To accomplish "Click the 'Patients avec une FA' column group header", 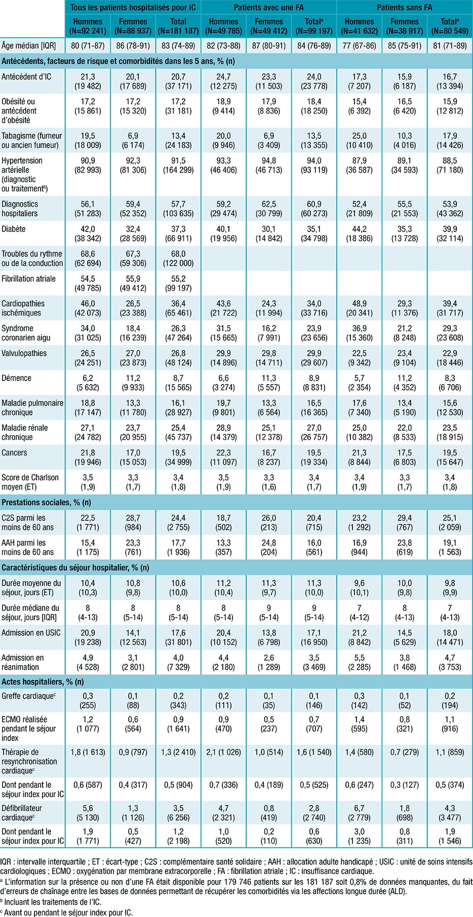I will coord(269,8).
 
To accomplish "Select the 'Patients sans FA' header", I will coord(404,8).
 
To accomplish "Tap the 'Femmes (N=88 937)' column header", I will coord(133,26).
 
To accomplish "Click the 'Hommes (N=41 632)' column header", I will coord(359,26).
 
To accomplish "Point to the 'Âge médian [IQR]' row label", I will coord(28,46).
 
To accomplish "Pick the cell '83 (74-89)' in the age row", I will coord(178,46).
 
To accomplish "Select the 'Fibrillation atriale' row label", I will coord(29,279).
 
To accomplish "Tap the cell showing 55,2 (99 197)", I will coord(178,283).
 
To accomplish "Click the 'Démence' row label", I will coord(17,378).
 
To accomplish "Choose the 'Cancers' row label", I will coord(15,452).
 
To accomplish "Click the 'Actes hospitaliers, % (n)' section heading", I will coord(43,681).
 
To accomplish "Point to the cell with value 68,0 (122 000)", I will coord(178,258).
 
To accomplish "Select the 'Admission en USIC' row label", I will coord(31,633).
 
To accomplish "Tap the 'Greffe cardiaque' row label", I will coord(28,696).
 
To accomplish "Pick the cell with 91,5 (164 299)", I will coord(178,165).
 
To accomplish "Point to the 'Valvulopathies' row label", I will coord(24,353).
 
